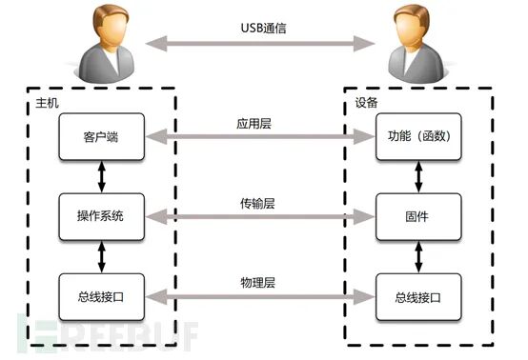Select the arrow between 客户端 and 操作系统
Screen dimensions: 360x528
pos(101,176)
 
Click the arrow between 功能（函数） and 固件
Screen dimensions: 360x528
pos(416,176)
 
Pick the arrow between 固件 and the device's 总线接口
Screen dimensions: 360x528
pos(416,256)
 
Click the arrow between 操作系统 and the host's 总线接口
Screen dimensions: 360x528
pos(101,256)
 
